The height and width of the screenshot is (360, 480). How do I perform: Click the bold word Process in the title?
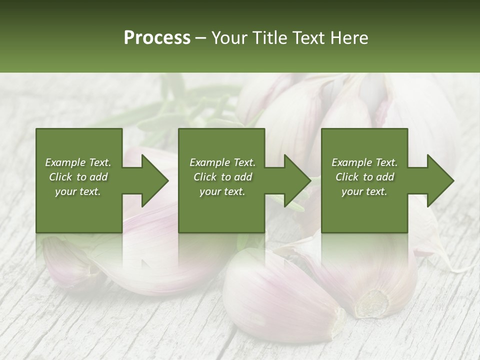157,37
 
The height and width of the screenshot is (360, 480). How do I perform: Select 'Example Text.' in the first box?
78,162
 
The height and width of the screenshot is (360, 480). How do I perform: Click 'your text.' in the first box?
78,191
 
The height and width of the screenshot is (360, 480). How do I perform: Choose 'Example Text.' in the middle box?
222,162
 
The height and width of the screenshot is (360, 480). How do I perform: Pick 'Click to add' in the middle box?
222,177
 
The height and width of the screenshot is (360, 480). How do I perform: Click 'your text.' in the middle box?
222,191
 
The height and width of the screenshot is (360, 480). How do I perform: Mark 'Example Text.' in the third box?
364,162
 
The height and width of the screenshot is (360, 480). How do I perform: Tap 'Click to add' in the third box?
364,177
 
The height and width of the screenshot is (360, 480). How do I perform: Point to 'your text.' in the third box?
364,191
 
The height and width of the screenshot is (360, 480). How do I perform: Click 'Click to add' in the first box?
78,177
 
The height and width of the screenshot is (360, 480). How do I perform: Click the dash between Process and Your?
201,38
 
